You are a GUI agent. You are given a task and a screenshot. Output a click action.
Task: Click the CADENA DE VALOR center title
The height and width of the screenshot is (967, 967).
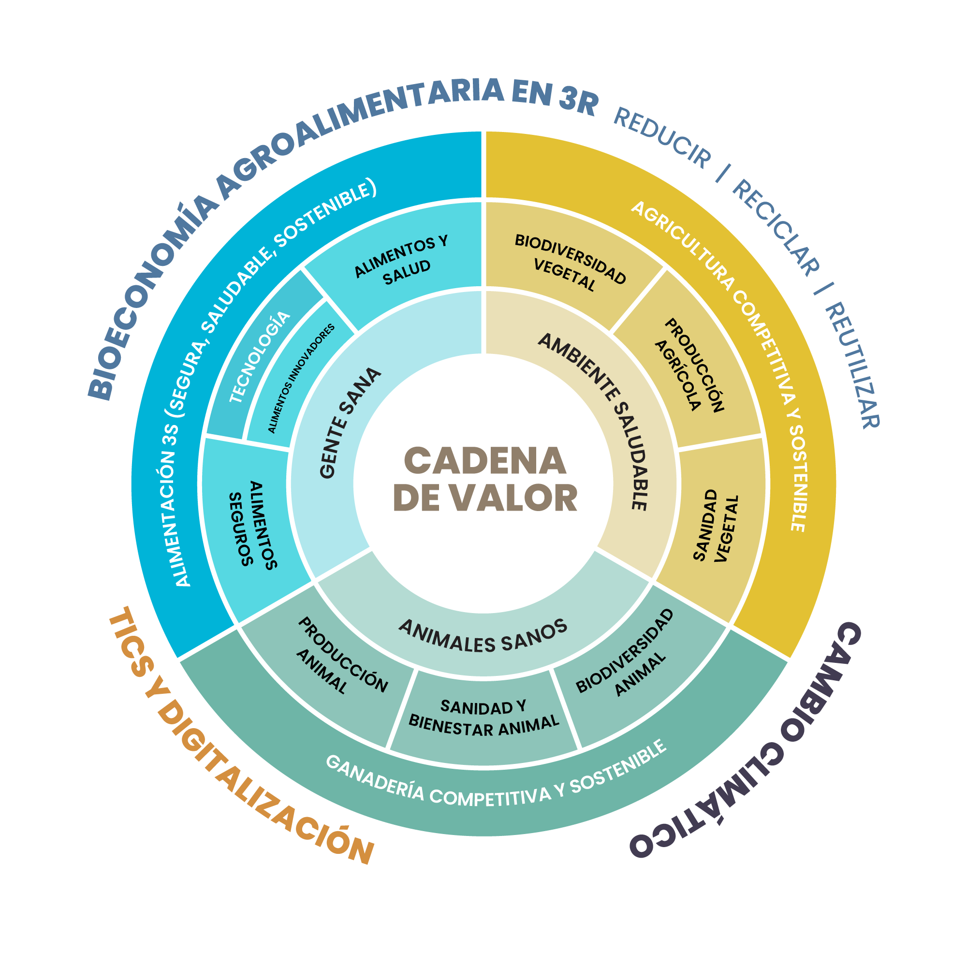(484, 479)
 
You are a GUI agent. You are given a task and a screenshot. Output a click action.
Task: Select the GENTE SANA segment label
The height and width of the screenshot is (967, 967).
(350, 423)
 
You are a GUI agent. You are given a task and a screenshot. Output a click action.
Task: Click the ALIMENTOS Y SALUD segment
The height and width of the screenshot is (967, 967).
(400, 260)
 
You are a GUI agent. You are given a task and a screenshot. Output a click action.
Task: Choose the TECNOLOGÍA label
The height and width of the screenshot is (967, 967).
(260, 357)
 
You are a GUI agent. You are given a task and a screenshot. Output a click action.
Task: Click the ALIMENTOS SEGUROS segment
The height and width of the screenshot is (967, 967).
(253, 526)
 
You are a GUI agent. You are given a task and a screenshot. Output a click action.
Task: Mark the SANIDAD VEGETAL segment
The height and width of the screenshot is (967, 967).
(715, 526)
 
